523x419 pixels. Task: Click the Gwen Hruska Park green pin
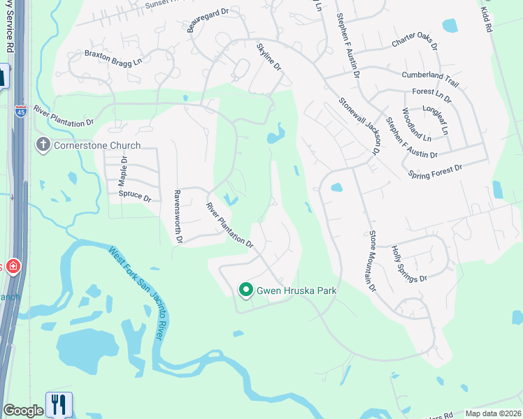coord(245,289)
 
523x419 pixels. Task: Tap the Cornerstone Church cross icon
coord(43,145)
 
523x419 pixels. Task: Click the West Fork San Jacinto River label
coord(138,293)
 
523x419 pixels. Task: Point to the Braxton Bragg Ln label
coord(113,57)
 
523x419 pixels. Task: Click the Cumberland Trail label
coord(430,78)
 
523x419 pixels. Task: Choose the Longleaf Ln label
coord(436,120)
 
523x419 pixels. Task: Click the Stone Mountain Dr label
coord(372,261)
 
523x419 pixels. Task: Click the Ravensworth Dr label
coord(178,217)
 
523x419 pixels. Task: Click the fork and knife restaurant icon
coord(59,405)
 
